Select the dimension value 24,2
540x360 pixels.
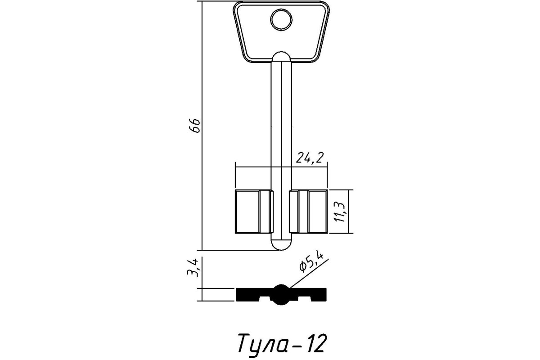click(x=310, y=158)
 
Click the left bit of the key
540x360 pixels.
click(x=253, y=211)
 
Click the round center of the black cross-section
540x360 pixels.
click(x=281, y=294)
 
